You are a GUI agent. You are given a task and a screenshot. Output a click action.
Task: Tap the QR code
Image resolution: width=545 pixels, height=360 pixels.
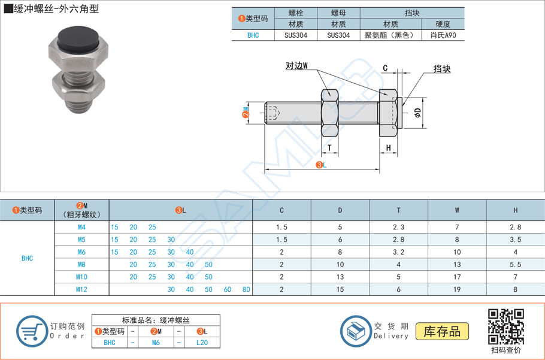tap(506, 326)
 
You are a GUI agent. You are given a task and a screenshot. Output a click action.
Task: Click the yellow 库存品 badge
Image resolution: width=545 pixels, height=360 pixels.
tap(443, 331)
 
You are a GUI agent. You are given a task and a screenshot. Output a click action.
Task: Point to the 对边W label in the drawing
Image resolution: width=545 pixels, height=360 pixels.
tap(296, 66)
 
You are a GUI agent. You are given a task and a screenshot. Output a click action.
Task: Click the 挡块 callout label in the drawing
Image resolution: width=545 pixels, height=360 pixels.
tap(442, 69)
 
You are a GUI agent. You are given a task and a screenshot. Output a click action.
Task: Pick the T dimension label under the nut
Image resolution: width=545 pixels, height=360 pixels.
tap(329, 147)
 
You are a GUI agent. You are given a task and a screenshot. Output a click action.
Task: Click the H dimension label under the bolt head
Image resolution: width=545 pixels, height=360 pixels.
tap(388, 147)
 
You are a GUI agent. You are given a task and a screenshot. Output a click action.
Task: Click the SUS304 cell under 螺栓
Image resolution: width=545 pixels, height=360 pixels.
tap(296, 35)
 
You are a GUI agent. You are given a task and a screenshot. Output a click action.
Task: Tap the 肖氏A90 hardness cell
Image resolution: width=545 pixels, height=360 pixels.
tap(443, 35)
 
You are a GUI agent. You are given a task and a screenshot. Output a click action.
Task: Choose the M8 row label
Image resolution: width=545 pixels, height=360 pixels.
tap(81, 265)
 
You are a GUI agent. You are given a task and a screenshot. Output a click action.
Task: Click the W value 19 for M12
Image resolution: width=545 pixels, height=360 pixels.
tap(457, 290)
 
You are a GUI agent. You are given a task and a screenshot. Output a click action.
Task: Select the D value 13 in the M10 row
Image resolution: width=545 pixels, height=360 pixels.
tap(340, 277)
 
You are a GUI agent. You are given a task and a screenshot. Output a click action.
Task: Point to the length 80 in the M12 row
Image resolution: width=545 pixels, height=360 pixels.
tap(246, 290)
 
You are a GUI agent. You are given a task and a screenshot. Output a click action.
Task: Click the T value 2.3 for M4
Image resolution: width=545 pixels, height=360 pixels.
tap(398, 227)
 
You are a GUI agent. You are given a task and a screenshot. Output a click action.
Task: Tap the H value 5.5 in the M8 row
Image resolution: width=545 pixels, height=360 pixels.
tap(515, 265)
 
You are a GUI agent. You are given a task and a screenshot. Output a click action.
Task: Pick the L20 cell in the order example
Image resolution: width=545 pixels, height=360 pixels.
tap(202, 343)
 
